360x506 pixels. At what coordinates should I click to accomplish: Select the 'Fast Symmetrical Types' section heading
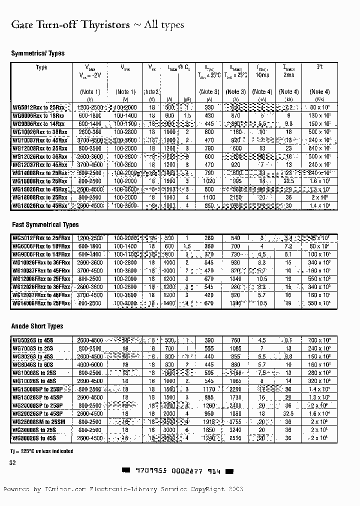pyautogui.click(x=45, y=225)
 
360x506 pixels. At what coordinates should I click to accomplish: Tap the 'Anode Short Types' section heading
pyautogui.click(x=37, y=326)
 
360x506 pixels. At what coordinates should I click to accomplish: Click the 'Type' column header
pyautogui.click(x=42, y=67)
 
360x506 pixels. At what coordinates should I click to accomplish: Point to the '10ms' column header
pyautogui.click(x=261, y=75)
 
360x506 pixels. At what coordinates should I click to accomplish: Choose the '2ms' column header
pyautogui.click(x=288, y=75)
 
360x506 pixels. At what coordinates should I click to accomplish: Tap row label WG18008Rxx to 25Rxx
pyautogui.click(x=39, y=197)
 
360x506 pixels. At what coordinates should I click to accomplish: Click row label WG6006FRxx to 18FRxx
pyautogui.click(x=41, y=246)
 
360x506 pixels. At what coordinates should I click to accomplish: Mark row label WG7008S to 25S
pyautogui.click(x=34, y=348)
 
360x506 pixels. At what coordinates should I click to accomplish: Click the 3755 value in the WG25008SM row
pyautogui.click(x=235, y=422)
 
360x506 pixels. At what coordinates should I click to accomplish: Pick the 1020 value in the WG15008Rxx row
pyautogui.click(x=209, y=181)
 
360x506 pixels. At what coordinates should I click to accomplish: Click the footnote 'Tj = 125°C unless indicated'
pyautogui.click(x=42, y=451)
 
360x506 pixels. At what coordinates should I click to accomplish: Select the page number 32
pyautogui.click(x=13, y=463)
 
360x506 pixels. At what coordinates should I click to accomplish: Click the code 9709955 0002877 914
pyautogui.click(x=178, y=471)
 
